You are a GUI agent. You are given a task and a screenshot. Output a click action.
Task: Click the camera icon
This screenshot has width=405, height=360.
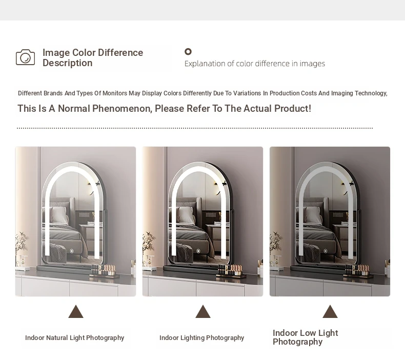tap(25, 57)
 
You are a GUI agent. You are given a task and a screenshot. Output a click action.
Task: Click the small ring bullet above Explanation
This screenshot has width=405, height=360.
tap(188, 52)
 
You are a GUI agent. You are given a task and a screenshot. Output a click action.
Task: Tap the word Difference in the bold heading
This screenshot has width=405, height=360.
tap(120, 53)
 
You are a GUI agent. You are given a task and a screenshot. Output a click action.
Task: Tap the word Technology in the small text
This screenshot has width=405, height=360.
tap(371, 93)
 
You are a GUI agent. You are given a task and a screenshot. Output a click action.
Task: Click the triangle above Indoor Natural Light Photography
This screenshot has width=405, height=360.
tap(76, 311)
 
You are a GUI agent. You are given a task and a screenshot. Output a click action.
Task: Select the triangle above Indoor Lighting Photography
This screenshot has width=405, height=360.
tap(203, 311)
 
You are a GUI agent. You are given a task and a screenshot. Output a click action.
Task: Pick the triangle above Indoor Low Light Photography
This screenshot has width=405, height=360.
tap(330, 311)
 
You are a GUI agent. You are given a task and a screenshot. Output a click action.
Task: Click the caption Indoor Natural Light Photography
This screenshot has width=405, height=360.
tap(75, 338)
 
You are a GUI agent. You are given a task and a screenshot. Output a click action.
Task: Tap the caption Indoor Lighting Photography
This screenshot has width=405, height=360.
tap(201, 338)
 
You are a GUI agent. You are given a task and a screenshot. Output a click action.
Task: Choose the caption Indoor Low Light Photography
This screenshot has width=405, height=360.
tap(306, 337)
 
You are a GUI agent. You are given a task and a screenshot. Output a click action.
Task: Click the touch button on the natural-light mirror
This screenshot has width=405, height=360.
tap(72, 251)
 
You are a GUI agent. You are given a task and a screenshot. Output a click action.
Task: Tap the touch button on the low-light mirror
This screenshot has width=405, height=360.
tap(326, 251)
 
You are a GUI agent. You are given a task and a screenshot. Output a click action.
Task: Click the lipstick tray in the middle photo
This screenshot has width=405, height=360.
tap(231, 271)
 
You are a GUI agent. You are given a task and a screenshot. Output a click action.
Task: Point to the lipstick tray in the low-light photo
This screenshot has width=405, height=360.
tap(358, 271)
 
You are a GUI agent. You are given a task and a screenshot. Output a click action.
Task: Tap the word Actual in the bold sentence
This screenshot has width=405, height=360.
tap(258, 109)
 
